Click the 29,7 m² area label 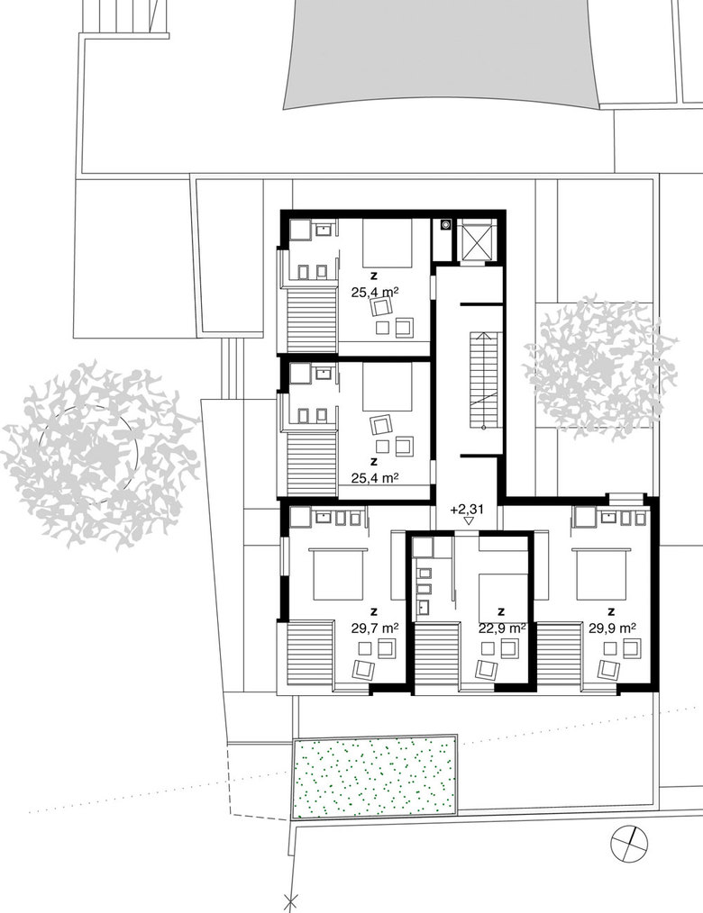[375, 628]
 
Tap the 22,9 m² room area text [502, 628]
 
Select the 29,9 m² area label [612, 628]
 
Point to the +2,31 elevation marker [467, 509]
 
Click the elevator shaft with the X [476, 240]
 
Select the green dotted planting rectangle [374, 777]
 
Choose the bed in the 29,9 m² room [600, 574]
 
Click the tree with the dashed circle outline [99, 454]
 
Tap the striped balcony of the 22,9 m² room [437, 656]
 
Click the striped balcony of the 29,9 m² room [560, 656]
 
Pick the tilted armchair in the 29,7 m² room [365, 670]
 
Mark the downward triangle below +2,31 [468, 521]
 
